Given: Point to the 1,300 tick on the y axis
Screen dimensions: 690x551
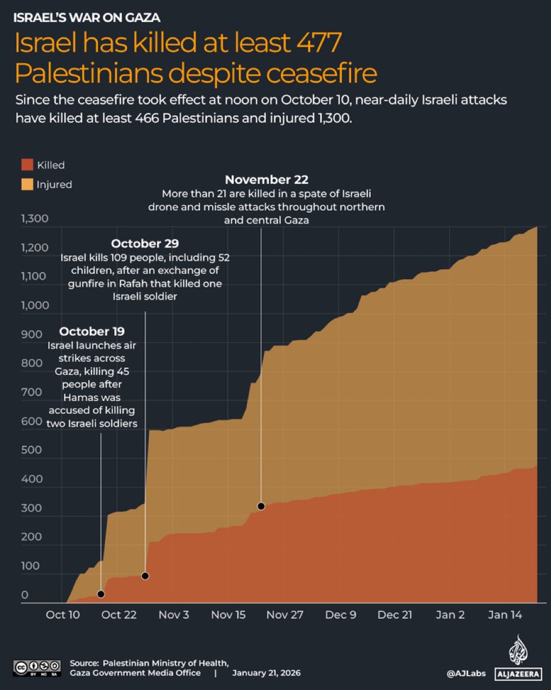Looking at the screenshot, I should point(34,219).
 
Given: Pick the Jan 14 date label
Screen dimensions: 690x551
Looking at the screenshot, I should point(505,615).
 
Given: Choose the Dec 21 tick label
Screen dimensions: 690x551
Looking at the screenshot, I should point(395,615).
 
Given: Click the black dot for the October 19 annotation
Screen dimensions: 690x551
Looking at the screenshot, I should point(101,594).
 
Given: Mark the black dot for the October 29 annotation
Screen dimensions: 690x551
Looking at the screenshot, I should point(145,576).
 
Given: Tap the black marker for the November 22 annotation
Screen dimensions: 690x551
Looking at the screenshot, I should point(261,506).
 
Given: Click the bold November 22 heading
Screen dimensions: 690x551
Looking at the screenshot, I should point(266,179).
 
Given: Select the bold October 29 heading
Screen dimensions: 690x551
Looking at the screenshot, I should point(145,243).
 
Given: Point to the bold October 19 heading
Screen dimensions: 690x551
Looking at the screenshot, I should point(92,332).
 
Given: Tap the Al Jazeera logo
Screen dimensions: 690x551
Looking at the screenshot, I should point(515,657).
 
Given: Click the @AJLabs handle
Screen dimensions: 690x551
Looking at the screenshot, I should point(466,674).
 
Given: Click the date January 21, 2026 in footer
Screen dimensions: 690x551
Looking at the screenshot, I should point(266,673).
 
